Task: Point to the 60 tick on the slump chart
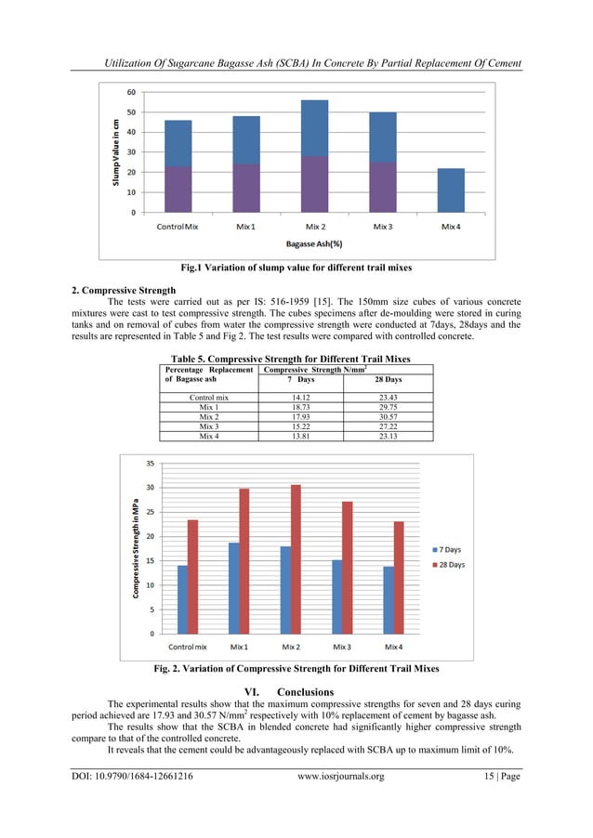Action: point(131,92)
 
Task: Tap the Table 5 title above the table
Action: point(296,359)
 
